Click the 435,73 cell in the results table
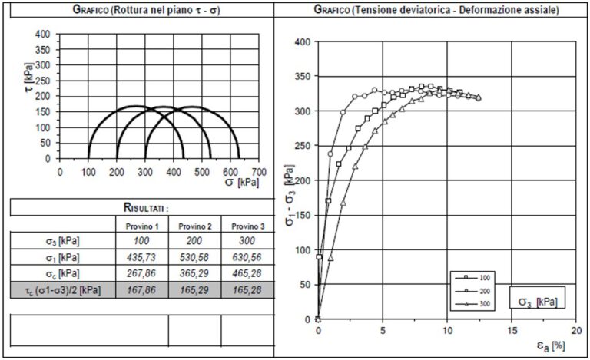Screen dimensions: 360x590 tap(141, 256)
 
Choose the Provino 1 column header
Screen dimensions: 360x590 tap(141, 226)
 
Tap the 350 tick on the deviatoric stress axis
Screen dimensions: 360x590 tap(303, 76)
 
